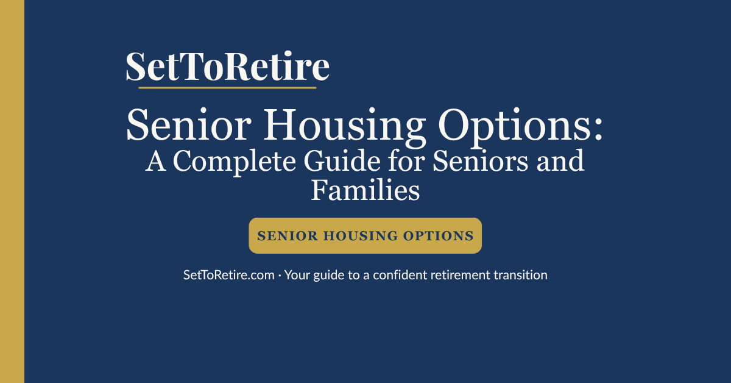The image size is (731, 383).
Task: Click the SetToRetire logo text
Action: [x=227, y=67]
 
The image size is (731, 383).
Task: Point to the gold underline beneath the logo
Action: [x=227, y=88]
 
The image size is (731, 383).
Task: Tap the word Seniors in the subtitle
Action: [x=475, y=162]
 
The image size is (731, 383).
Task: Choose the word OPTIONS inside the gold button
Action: [x=439, y=236]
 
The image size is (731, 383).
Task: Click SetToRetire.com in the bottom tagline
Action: [x=229, y=275]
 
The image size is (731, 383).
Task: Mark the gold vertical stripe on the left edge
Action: [x=12, y=191]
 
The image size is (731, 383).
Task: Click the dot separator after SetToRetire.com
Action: [x=280, y=276]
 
